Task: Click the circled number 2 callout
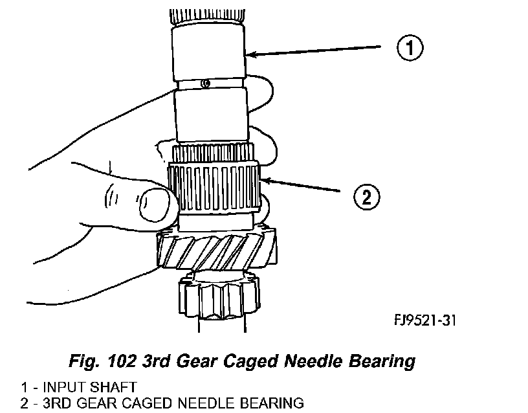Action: click(366, 196)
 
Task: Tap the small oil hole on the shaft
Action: click(205, 84)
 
